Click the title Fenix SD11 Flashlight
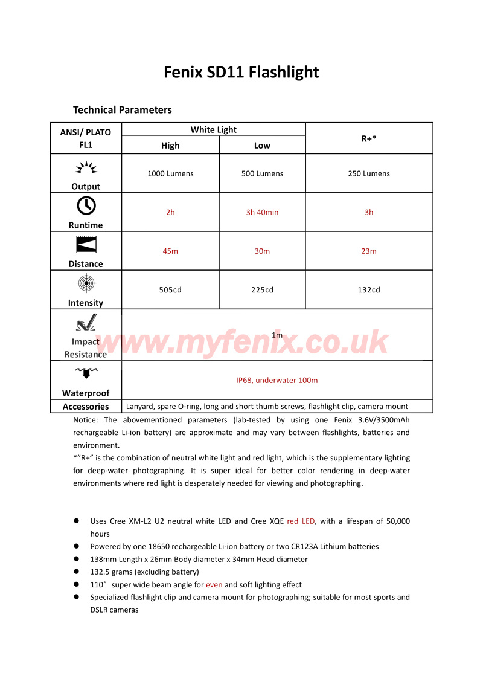coord(241,73)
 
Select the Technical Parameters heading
coord(122,109)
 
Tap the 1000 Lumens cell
coord(170,173)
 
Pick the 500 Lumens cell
coord(262,173)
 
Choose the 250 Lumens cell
coord(368,173)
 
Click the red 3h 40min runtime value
coord(262,212)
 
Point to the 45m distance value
coord(170,251)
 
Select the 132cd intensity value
coord(368,289)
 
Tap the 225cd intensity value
coord(262,289)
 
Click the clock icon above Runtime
coord(86,206)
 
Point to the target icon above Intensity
coord(86,283)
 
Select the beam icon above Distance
coord(86,245)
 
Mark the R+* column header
coord(368,138)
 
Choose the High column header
coord(170,145)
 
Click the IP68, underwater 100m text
coord(277,380)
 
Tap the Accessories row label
coord(86,407)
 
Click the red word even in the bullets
coord(214,584)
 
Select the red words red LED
coord(301,521)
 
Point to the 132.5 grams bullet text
coord(144,572)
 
